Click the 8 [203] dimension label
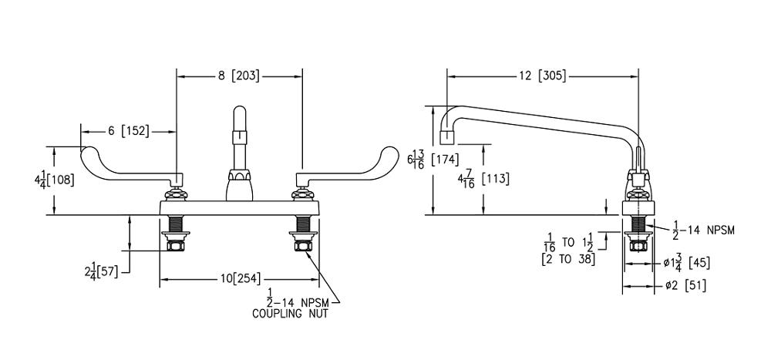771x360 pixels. (x=238, y=76)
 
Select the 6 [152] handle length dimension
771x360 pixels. (x=128, y=131)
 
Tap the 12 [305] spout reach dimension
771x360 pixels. (x=541, y=76)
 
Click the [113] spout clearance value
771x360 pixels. (x=494, y=179)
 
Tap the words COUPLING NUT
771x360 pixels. (x=289, y=314)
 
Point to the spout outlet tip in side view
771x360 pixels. (x=446, y=138)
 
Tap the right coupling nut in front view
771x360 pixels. (x=301, y=246)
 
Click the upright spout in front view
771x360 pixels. (x=239, y=146)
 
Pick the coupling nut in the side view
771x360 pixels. (x=638, y=246)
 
